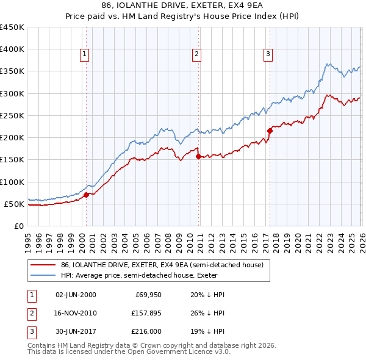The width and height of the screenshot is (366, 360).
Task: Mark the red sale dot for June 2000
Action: click(x=86, y=195)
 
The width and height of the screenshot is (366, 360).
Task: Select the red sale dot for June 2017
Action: click(x=270, y=131)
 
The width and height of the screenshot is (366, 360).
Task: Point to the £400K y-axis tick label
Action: click(x=12, y=49)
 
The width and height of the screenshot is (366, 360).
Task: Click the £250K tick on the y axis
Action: click(x=12, y=116)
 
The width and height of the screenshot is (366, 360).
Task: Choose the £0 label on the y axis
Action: click(x=19, y=226)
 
